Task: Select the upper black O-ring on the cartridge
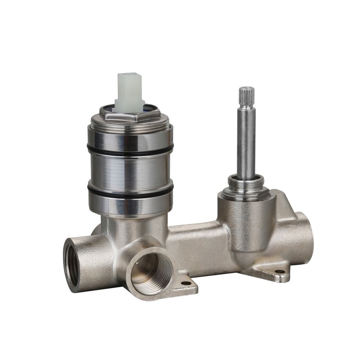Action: [x=130, y=148]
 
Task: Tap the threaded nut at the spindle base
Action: [x=247, y=185]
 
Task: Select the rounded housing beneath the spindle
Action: [x=246, y=220]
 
